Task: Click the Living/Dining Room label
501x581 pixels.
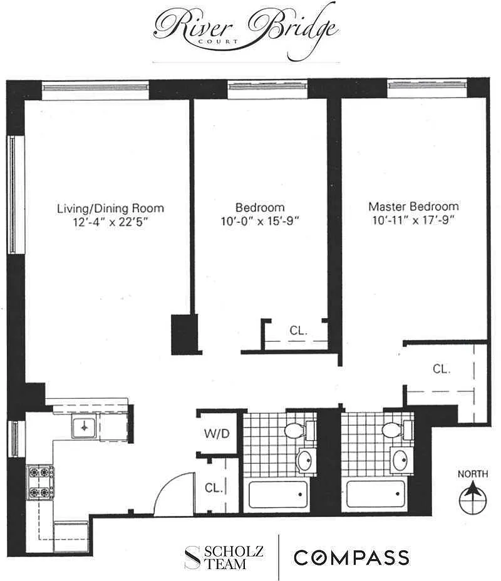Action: click(110, 208)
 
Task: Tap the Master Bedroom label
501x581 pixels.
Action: click(413, 207)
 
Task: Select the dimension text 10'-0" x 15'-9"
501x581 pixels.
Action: click(260, 221)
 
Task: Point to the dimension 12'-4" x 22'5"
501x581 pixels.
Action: click(110, 222)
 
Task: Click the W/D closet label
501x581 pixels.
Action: click(217, 433)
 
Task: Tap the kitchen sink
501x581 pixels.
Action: click(85, 427)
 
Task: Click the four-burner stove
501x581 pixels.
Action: click(40, 482)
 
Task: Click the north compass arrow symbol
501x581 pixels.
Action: click(473, 498)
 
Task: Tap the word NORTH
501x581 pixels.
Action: click(473, 474)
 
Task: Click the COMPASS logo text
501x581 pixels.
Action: click(352, 557)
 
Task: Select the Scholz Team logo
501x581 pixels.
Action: click(224, 557)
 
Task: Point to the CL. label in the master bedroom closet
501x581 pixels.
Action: click(442, 369)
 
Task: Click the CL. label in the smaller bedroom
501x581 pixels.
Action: click(299, 330)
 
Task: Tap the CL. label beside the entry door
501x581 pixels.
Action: click(214, 488)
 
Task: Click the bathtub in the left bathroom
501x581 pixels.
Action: click(278, 495)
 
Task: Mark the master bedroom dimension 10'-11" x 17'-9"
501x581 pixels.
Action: click(413, 220)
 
